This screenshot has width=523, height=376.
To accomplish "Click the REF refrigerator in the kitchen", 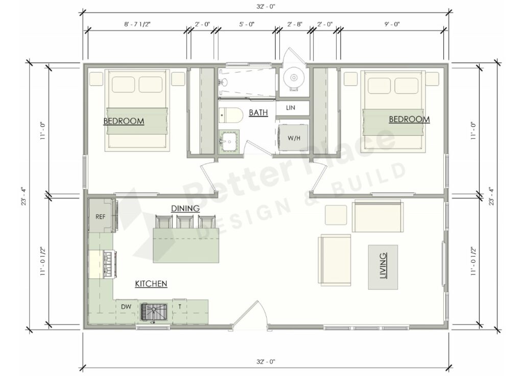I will (x=100, y=216).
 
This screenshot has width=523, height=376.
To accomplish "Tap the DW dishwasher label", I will (x=125, y=306).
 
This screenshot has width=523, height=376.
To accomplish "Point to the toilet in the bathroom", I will (x=231, y=116).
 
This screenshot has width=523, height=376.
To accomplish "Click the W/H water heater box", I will (x=293, y=138).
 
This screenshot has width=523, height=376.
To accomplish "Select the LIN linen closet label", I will (x=291, y=108).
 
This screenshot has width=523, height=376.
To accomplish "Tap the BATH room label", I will (x=258, y=113).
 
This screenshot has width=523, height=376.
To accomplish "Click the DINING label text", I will (x=185, y=209).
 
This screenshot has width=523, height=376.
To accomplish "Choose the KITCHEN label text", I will (x=151, y=284).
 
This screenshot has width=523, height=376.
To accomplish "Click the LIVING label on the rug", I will (x=383, y=267).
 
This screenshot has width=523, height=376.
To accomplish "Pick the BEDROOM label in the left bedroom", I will (x=124, y=121).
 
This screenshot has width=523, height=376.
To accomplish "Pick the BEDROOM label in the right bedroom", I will (x=409, y=119).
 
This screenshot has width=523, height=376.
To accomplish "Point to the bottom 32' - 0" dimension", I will (x=266, y=361).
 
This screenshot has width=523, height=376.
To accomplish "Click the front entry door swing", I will (x=250, y=314).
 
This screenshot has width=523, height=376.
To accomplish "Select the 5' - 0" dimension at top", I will (x=246, y=24).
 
